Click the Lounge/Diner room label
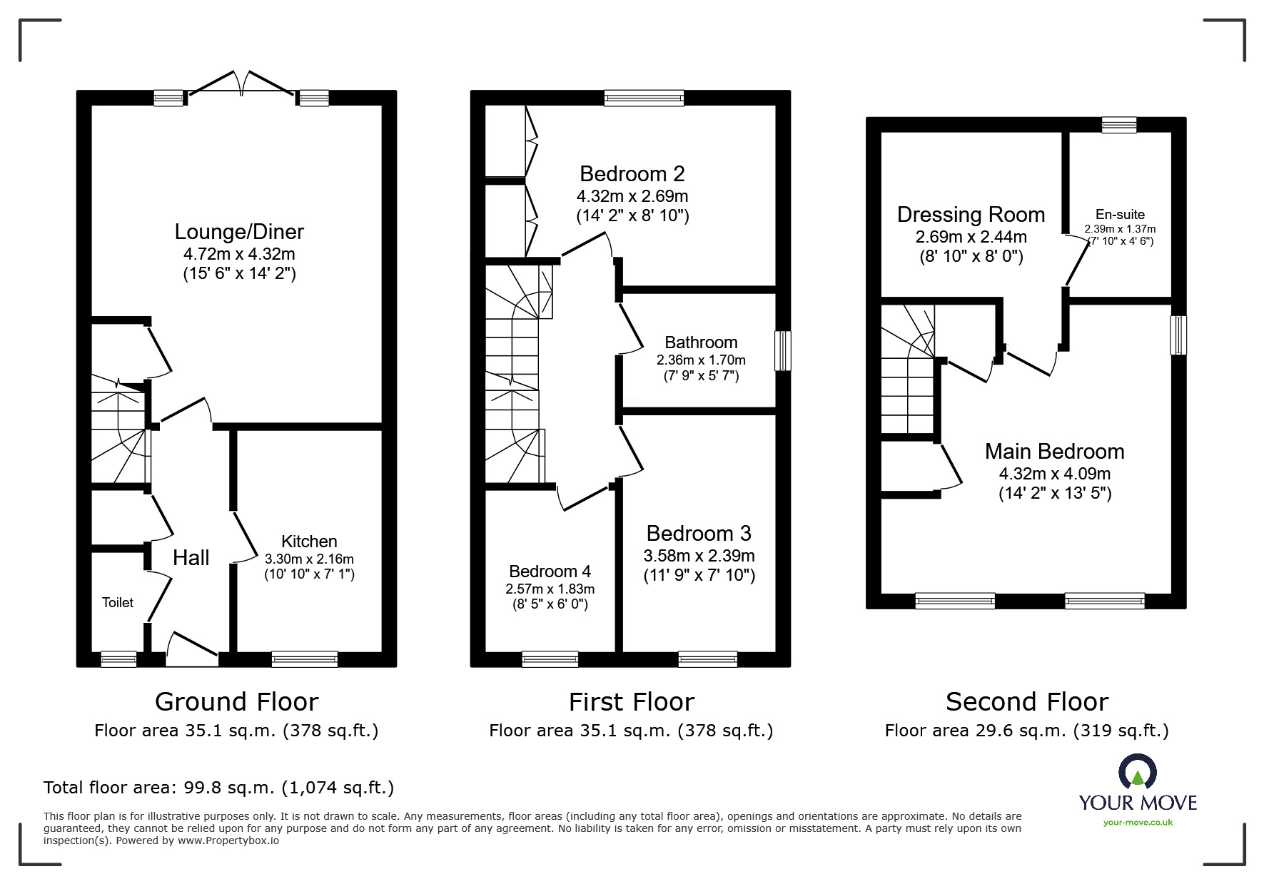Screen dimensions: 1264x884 [239, 232]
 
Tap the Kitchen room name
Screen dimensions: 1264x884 [309, 542]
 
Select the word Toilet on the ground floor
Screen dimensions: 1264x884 [118, 603]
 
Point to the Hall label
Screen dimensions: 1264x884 [191, 558]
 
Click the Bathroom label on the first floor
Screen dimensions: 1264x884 [701, 342]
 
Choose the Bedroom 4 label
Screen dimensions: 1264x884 [550, 571]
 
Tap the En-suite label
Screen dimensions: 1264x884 [1120, 214]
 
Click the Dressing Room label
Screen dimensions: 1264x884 [971, 215]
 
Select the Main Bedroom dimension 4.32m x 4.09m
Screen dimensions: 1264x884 [1055, 474]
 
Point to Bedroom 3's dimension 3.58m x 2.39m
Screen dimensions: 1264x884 [699, 556]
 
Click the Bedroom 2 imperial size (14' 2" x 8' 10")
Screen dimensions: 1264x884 [632, 215]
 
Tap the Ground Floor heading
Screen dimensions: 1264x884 [236, 702]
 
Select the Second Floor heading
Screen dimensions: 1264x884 [1027, 702]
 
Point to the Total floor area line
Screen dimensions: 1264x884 [218, 788]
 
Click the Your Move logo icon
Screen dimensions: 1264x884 [1137, 771]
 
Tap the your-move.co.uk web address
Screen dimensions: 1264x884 [1138, 823]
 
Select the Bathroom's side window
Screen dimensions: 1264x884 [783, 350]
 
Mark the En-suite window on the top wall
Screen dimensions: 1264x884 [1118, 125]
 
